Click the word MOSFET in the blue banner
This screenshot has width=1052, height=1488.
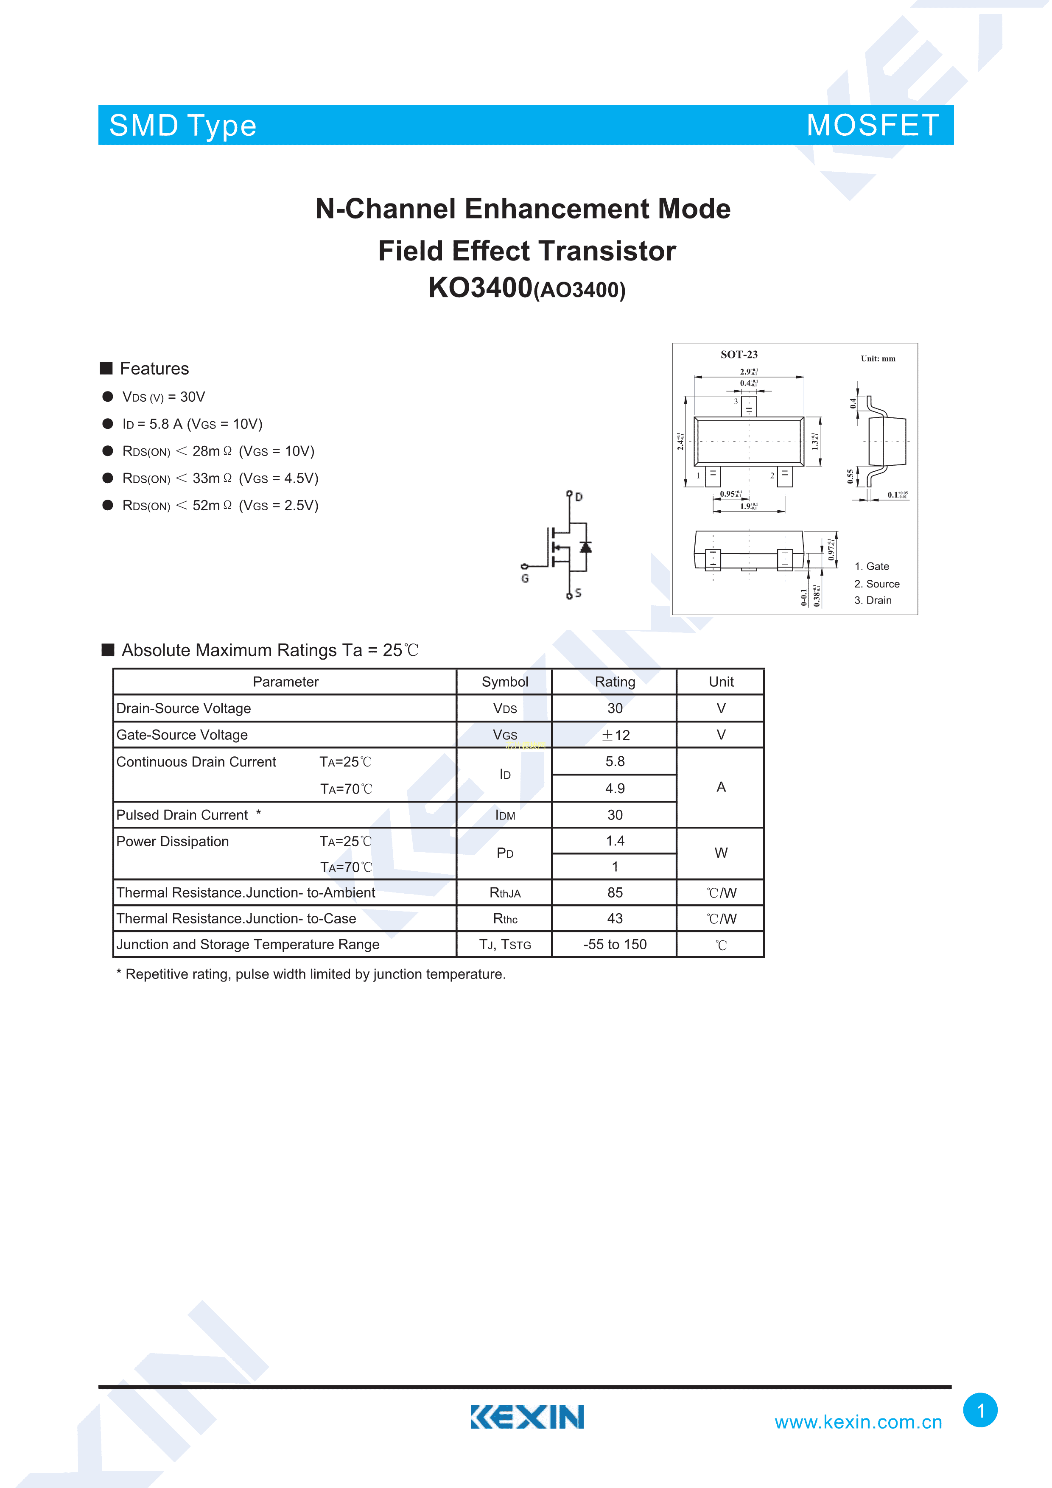(x=873, y=125)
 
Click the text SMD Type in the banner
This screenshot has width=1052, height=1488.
(x=183, y=126)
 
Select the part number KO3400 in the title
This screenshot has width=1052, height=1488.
(x=480, y=288)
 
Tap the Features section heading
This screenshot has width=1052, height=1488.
(x=154, y=369)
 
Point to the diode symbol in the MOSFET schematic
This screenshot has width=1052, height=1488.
(x=586, y=548)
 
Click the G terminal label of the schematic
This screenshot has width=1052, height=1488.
(x=525, y=578)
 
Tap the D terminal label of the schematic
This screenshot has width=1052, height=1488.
(x=579, y=497)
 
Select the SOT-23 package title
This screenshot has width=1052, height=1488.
(x=739, y=355)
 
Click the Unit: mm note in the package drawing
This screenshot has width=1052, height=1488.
(x=878, y=358)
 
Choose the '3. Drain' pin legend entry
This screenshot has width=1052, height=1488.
(x=873, y=600)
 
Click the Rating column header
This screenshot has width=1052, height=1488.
(x=615, y=682)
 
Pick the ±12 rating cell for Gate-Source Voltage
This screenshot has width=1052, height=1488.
(x=615, y=735)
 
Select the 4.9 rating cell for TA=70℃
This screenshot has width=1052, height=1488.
(x=615, y=788)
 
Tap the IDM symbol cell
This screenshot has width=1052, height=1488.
(x=505, y=815)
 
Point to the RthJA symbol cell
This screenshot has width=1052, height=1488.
(x=505, y=893)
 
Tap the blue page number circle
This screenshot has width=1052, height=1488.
(x=980, y=1410)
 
